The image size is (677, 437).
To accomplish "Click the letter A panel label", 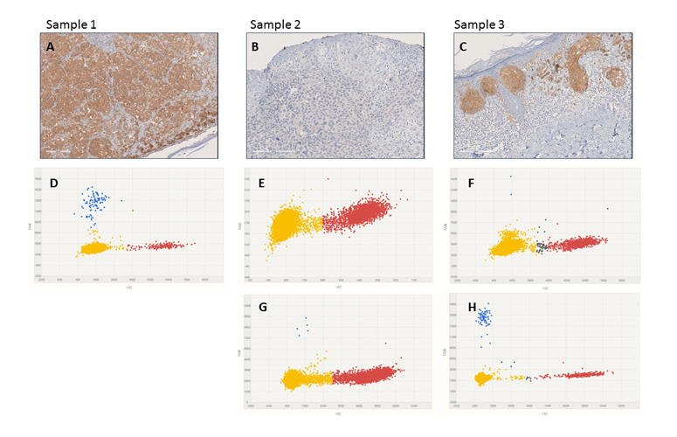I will (52, 47).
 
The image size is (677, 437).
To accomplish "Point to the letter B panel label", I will (255, 47).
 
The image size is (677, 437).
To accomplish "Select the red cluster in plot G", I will (363, 376).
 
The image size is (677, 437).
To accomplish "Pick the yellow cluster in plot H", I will (481, 378).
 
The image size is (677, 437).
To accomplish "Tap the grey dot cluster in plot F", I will (542, 247).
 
